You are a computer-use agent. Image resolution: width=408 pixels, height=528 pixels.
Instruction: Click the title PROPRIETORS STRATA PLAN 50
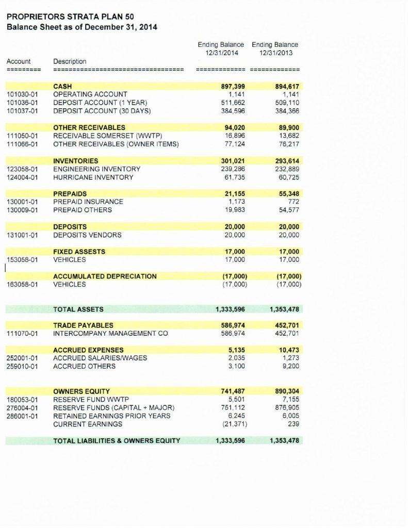click(x=70, y=17)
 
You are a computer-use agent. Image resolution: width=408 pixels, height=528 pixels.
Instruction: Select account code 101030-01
click(x=23, y=94)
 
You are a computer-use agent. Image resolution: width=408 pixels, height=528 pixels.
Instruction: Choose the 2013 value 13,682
click(x=288, y=136)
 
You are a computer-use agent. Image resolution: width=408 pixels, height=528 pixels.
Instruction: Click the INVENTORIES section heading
click(x=76, y=161)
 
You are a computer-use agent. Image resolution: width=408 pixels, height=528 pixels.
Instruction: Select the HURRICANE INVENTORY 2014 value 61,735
click(x=234, y=177)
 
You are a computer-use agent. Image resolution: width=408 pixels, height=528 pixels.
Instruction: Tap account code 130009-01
click(x=23, y=210)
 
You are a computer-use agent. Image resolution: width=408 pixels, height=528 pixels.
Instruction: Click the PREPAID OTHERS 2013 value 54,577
click(x=288, y=210)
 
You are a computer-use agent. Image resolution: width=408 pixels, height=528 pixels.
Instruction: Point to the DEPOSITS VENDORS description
click(x=88, y=235)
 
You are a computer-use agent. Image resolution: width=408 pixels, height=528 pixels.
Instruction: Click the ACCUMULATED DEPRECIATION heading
click(x=105, y=276)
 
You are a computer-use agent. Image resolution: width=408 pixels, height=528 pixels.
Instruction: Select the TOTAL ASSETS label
click(x=78, y=309)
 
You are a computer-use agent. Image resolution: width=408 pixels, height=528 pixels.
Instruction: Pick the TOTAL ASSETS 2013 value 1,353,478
click(x=284, y=309)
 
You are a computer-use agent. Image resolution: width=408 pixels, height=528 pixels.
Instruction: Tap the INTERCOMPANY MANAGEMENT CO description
click(x=111, y=334)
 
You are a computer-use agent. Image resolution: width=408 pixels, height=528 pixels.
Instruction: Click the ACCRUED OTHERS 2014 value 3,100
click(x=236, y=367)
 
